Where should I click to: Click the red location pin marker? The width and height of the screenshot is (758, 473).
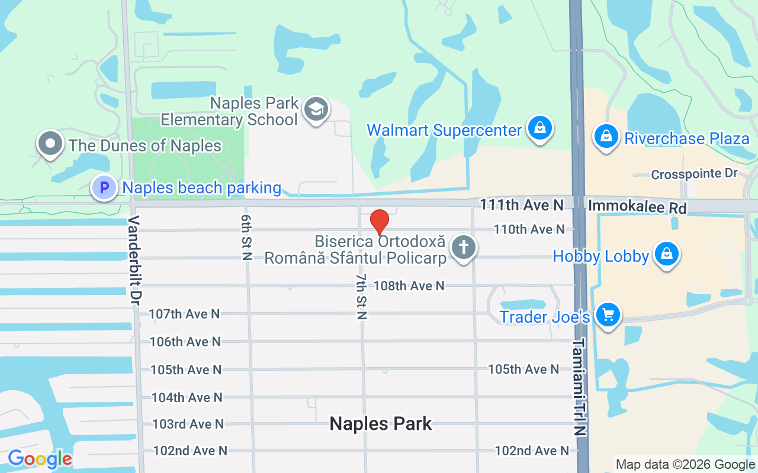point(379,222)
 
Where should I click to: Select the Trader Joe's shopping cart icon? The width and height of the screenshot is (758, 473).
point(608,315)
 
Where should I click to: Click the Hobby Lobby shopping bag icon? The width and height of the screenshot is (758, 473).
point(667,254)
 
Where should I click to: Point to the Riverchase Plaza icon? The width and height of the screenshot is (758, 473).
point(606,136)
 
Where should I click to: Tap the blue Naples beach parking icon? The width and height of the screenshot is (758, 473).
point(104,188)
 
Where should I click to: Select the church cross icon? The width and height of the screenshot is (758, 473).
point(464,247)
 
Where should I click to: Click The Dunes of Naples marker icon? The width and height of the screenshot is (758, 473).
point(50,144)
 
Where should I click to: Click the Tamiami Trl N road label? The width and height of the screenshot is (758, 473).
point(579,387)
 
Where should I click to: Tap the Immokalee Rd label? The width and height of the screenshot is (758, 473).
point(637,208)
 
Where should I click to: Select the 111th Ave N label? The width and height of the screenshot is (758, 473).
point(522,205)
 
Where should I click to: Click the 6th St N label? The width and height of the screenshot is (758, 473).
point(246,237)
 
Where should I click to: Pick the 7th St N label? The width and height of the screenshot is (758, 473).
point(361,296)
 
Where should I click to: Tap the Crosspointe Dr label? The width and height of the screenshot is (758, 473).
point(694,174)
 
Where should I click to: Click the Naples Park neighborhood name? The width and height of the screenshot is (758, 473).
point(381,423)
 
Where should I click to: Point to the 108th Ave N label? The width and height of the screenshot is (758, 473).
point(409,286)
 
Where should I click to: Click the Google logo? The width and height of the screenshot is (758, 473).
point(40,459)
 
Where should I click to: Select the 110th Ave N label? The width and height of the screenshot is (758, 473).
point(529,229)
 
